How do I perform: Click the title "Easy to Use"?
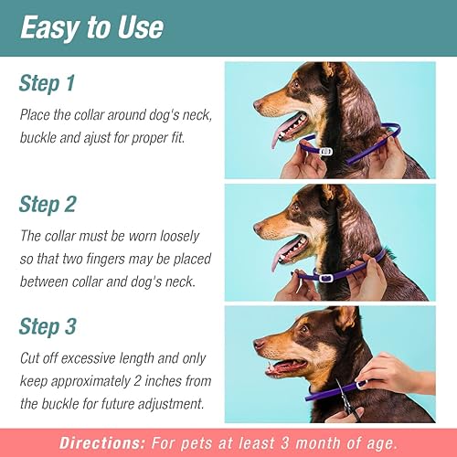tap(90, 27)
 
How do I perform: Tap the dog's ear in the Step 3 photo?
tap(345, 319)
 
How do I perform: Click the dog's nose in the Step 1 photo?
tap(259, 103)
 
